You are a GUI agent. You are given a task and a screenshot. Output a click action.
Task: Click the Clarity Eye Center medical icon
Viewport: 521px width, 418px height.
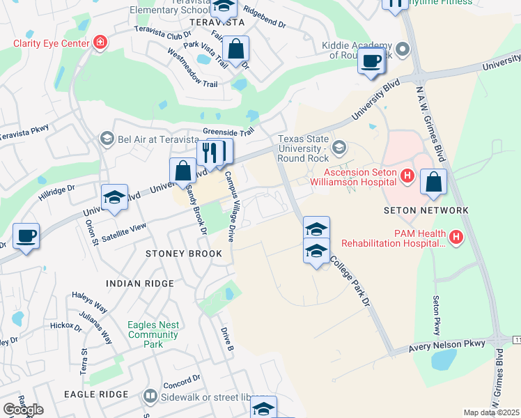pos(101,43)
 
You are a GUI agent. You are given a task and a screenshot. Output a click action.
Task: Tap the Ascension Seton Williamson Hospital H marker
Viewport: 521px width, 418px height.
pos(408,178)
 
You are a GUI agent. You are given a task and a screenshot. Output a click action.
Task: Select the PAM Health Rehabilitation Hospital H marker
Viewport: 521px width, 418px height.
pos(456,238)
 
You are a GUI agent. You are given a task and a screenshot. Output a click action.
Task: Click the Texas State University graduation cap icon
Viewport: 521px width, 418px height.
pos(339,146)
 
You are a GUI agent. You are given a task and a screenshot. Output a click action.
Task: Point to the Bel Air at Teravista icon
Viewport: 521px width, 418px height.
pos(107,139)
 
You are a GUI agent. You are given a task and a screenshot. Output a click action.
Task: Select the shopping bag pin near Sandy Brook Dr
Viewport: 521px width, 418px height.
pos(182,170)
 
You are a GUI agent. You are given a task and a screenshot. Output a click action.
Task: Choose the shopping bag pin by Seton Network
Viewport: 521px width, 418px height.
pos(433,183)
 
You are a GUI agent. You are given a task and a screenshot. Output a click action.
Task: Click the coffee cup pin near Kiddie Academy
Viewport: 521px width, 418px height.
pos(371,61)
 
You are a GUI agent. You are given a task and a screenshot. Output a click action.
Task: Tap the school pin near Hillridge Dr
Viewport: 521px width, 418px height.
pos(114,197)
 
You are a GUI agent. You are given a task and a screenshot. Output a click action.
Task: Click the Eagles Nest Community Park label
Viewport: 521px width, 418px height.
pos(153,334)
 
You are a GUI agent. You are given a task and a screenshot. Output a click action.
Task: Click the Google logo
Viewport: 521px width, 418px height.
pos(23,410)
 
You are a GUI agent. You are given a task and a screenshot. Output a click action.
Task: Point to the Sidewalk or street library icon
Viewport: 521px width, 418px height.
pos(150,396)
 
